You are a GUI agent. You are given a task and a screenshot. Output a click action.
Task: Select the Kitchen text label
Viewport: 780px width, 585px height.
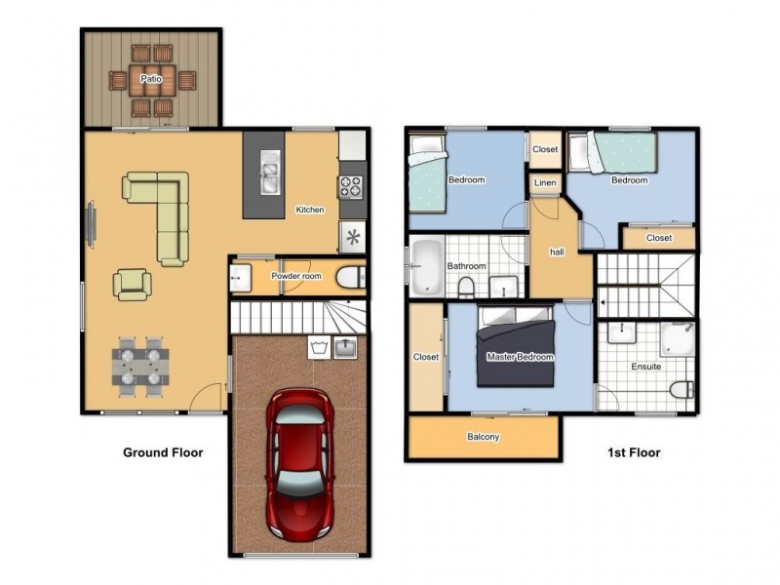(310, 210)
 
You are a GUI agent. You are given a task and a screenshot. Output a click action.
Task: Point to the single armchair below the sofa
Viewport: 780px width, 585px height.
(132, 284)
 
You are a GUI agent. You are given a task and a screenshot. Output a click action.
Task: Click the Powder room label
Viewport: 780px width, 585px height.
(295, 276)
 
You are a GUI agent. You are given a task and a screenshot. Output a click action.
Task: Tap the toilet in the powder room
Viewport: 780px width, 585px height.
(348, 278)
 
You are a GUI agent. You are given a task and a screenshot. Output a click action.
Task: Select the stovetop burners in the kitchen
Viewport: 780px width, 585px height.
(350, 186)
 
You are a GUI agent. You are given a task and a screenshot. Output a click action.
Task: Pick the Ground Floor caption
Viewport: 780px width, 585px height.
(162, 452)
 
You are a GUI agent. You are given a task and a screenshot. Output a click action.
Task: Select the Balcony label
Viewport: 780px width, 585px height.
(483, 437)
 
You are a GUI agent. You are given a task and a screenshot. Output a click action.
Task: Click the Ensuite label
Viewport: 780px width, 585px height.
(645, 368)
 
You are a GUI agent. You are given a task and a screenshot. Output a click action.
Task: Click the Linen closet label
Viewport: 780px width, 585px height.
(545, 183)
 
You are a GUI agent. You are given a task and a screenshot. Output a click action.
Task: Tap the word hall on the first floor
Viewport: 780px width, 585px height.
(557, 252)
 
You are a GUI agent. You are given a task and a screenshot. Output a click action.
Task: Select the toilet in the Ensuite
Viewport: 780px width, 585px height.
(682, 389)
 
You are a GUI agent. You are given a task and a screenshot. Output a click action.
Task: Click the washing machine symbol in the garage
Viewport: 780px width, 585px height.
(317, 345)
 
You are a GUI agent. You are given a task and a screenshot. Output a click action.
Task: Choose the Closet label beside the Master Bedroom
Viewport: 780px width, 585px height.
(426, 357)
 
